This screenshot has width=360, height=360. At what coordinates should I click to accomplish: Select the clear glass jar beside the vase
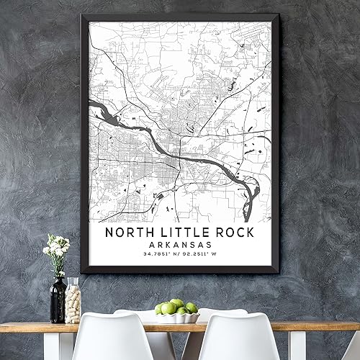[x=73, y=301]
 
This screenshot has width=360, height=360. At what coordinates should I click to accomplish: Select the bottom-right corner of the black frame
[x=277, y=273]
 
